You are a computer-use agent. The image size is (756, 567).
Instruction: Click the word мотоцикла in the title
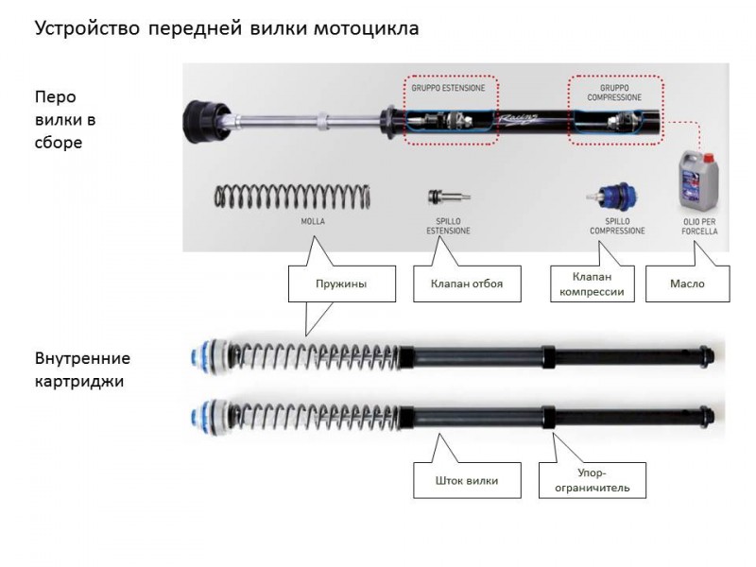pyautogui.click(x=367, y=28)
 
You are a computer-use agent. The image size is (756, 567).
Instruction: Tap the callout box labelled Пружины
pyautogui.click(x=342, y=283)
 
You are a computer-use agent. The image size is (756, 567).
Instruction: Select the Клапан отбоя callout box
pyautogui.click(x=467, y=283)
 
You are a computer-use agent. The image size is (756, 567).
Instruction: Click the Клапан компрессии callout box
pyautogui.click(x=593, y=283)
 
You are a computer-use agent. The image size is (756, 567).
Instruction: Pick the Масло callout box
pyautogui.click(x=688, y=283)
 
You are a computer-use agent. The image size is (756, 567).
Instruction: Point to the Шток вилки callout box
pyautogui.click(x=467, y=480)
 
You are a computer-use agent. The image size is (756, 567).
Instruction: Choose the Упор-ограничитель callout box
pyautogui.click(x=593, y=480)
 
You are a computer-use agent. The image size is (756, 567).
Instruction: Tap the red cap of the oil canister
pyautogui.click(x=708, y=157)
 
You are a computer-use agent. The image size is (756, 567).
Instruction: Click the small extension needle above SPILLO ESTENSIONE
pyautogui.click(x=449, y=197)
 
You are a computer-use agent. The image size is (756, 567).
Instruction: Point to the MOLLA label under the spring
pyautogui.click(x=313, y=221)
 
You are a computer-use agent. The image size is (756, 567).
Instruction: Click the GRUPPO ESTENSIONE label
pyautogui.click(x=448, y=88)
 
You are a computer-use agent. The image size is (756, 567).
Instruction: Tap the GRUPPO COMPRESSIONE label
pyautogui.click(x=614, y=93)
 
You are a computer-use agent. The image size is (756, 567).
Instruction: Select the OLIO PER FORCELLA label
pyautogui.click(x=699, y=226)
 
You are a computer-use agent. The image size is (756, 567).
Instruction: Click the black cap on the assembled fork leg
pyautogui.click(x=201, y=122)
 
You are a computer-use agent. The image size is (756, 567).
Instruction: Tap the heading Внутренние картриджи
pyautogui.click(x=82, y=369)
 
